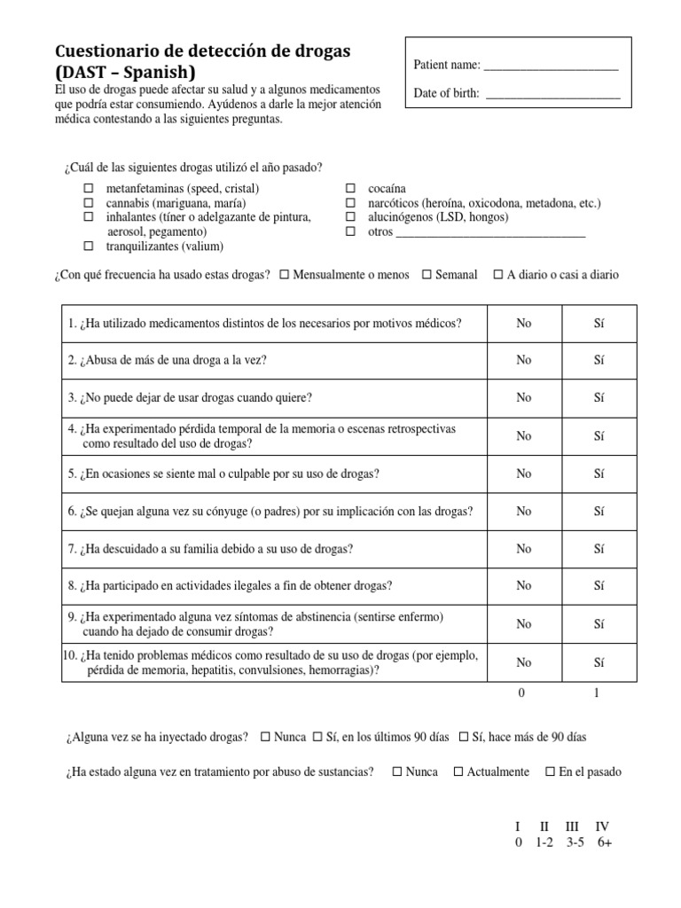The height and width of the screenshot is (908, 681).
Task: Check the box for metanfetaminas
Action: coord(89,189)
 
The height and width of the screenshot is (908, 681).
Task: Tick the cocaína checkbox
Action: coord(350,189)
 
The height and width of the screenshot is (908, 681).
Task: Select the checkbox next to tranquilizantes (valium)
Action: coord(89,246)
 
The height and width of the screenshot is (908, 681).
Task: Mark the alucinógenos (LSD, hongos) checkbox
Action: coord(350,217)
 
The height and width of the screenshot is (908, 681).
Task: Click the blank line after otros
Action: coord(489,233)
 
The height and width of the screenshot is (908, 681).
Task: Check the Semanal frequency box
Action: coord(427,275)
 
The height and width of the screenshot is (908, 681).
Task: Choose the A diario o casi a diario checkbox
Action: coord(497,275)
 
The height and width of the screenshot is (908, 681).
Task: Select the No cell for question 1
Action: coord(524,324)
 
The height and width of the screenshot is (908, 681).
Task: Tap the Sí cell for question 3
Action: coord(599,397)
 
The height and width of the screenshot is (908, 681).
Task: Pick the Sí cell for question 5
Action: coord(599,474)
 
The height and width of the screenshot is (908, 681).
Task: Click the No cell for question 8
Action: coord(524,585)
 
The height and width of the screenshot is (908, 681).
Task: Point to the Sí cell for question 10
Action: coord(599,662)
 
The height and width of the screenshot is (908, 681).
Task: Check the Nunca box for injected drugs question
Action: coord(266,737)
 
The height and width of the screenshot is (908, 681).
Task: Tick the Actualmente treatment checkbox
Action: coord(458,771)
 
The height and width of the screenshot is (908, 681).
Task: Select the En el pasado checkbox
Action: coord(550,771)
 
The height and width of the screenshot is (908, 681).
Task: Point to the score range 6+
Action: coord(605,842)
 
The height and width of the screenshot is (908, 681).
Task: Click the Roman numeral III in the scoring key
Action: coord(572,826)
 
